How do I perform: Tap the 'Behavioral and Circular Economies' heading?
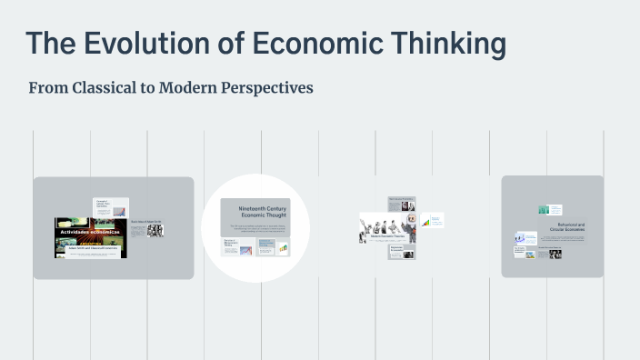[x=570, y=226]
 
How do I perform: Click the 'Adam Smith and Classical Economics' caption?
[x=90, y=248]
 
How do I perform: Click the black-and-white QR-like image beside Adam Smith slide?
[x=155, y=231]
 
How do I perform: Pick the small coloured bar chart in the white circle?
[x=282, y=247]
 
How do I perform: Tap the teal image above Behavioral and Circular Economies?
[x=544, y=210]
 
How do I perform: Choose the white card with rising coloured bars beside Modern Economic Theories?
[x=434, y=220]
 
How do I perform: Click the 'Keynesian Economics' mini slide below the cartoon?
[x=401, y=251]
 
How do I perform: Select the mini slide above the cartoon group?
[x=401, y=202]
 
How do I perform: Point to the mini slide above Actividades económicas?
[x=110, y=207]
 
